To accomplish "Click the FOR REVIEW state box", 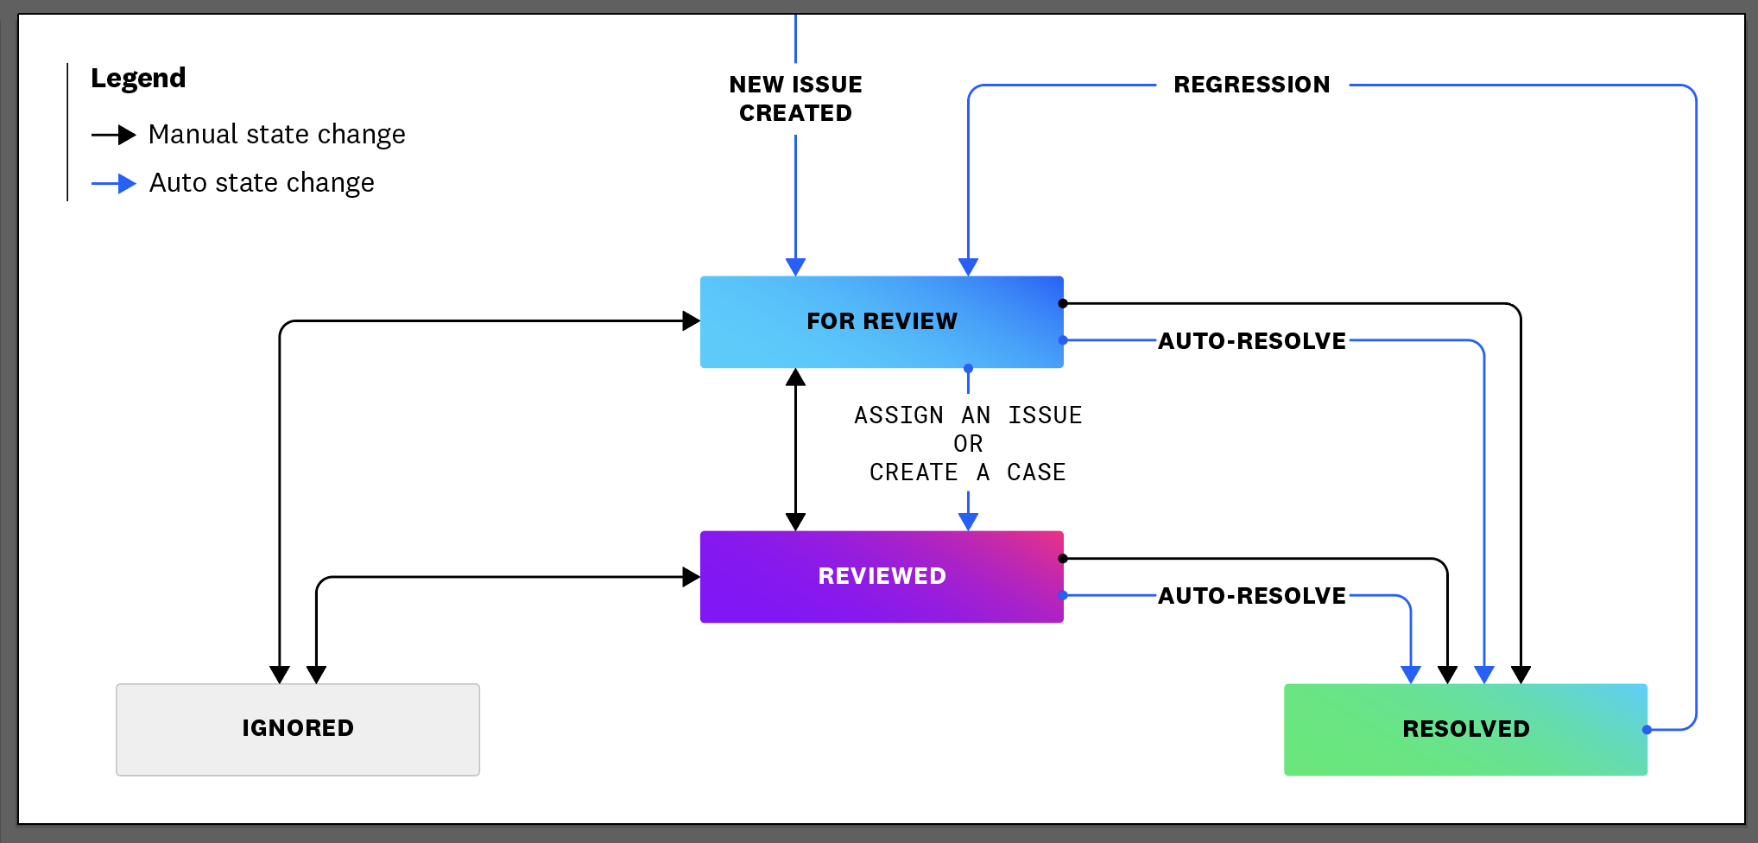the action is click(882, 322).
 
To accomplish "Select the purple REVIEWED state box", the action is click(882, 577).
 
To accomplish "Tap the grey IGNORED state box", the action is click(298, 730).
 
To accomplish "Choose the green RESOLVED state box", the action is click(1465, 730).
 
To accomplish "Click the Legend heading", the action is click(138, 79).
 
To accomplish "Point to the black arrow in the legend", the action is click(114, 135).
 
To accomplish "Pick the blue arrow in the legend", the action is click(114, 183).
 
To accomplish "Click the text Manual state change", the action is click(276, 135).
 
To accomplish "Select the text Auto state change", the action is click(262, 183).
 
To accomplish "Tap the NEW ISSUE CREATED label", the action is click(795, 98).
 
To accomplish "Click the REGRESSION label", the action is click(1252, 85).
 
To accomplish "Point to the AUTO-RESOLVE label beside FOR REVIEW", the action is click(1252, 341).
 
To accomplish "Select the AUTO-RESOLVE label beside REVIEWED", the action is click(1252, 596).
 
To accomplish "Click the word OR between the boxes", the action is click(968, 444).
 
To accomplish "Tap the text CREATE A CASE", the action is click(968, 472).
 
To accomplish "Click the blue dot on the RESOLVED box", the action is click(1647, 730).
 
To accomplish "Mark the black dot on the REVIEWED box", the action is click(1063, 559).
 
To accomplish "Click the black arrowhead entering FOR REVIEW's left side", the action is click(691, 321).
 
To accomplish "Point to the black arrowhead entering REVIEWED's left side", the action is click(691, 577).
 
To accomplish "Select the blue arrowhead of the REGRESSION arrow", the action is click(968, 267).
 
